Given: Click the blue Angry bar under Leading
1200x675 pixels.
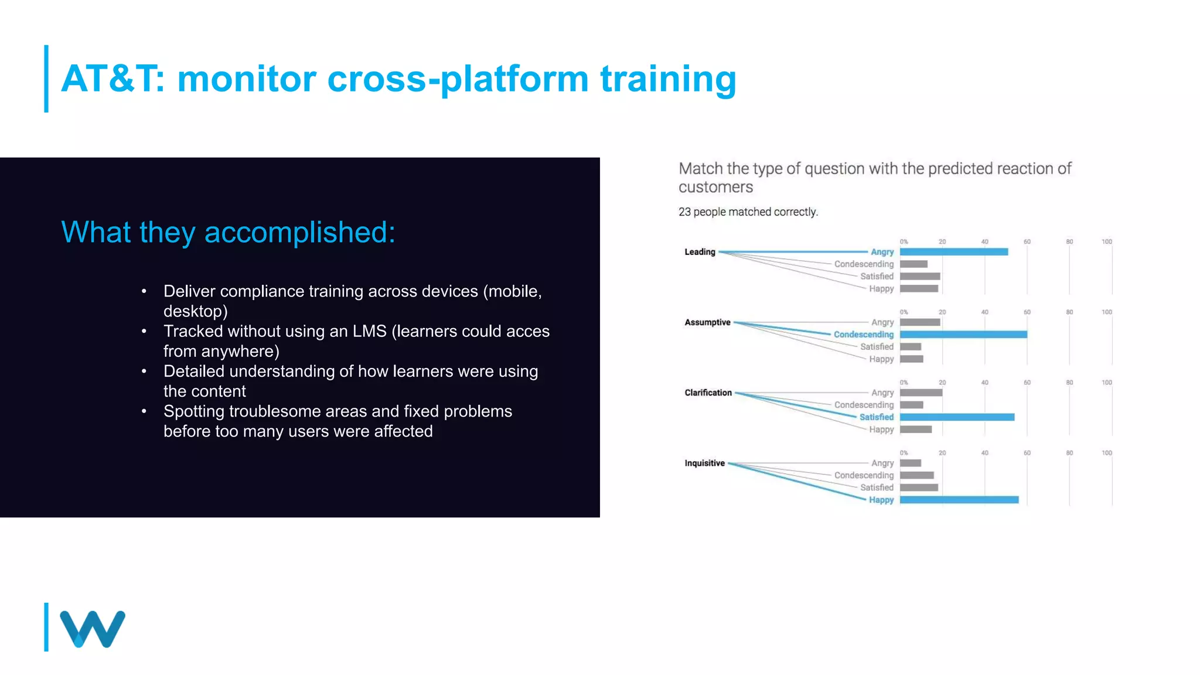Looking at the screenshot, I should click(x=953, y=252).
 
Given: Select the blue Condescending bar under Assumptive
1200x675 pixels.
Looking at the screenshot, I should click(x=963, y=335).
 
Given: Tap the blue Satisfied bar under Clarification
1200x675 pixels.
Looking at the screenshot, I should click(x=957, y=417).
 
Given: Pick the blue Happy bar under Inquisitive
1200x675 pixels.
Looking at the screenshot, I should click(x=959, y=500).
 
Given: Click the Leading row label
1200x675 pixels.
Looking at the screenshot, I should click(x=700, y=252).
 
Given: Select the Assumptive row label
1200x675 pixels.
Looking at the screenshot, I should click(x=707, y=322).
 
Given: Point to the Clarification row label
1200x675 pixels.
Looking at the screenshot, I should click(x=708, y=393).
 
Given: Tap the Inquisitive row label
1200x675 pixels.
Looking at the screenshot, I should click(x=704, y=463).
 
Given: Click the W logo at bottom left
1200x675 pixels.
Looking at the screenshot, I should click(x=93, y=629).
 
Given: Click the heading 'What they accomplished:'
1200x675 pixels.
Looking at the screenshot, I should click(x=228, y=232).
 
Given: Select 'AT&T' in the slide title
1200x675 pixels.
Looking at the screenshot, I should click(x=111, y=79).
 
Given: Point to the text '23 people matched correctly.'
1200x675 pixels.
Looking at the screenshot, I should click(x=748, y=212).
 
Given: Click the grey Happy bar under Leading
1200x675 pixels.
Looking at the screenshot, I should click(x=919, y=289).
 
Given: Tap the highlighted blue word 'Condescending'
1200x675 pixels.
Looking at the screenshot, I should click(x=863, y=335).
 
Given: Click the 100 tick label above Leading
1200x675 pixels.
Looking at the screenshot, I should click(x=1106, y=241).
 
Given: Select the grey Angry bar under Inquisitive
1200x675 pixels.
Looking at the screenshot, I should click(x=910, y=463).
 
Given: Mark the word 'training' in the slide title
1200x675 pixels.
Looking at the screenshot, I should click(x=668, y=79).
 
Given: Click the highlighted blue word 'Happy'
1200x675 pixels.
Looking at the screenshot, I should click(x=881, y=500).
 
